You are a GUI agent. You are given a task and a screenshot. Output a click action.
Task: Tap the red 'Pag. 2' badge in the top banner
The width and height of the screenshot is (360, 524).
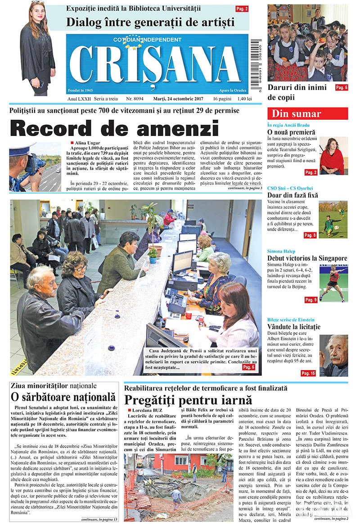click(x=242, y=9)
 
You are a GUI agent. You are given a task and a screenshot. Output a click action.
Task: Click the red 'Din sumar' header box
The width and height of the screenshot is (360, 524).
click(x=307, y=113)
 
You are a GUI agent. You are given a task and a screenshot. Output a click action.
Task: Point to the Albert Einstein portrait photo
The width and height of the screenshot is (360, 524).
click(x=333, y=355)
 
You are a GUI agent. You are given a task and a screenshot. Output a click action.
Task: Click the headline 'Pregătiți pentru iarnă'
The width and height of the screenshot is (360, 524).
click(x=188, y=399)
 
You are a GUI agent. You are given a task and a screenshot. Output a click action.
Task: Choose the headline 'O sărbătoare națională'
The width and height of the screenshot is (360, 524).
click(x=63, y=397)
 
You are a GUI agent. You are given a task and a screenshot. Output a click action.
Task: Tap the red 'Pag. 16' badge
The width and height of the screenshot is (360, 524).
click(x=308, y=373)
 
